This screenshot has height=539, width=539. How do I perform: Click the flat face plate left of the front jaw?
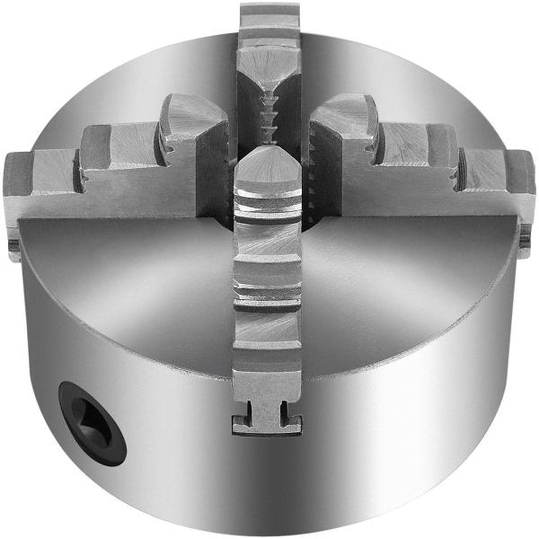click(x=135, y=269)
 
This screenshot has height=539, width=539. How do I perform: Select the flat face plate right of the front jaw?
click(x=404, y=269)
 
